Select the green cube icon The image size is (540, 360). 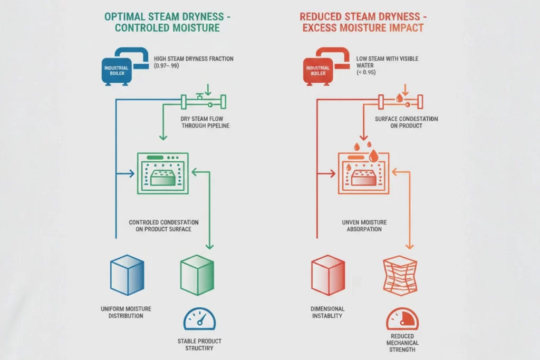coord(196,275)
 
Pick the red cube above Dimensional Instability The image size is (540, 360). coord(327,275)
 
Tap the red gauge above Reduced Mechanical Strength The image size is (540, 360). coord(402,319)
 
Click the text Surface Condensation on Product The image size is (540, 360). coord(406,122)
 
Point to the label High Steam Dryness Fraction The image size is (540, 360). coord(194,59)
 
